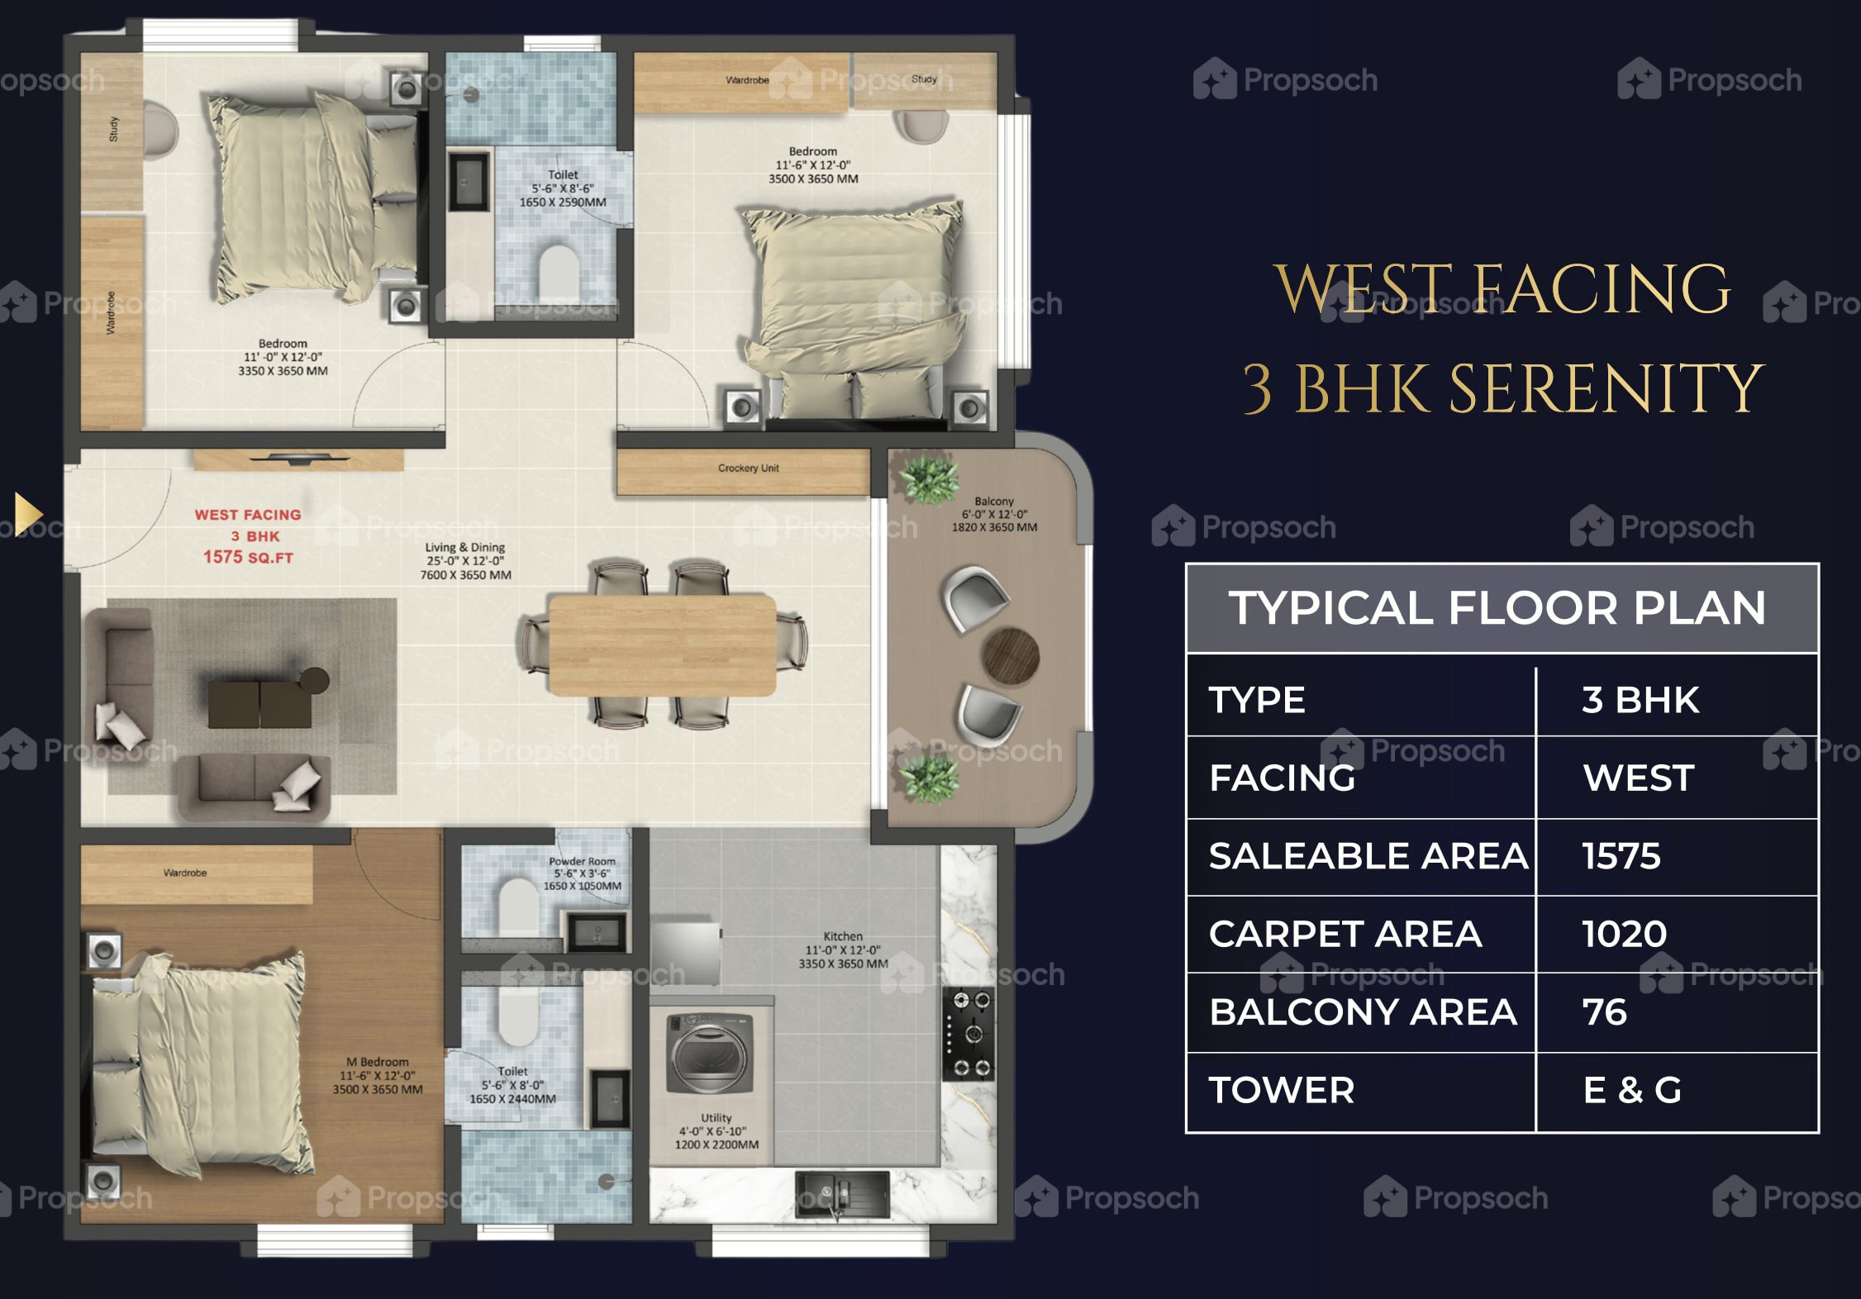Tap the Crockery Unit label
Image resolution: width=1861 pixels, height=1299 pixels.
point(748,468)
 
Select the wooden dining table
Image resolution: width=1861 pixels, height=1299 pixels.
point(662,645)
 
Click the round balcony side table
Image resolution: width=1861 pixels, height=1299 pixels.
point(1010,656)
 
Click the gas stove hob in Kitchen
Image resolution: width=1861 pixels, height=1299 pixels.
point(969,1035)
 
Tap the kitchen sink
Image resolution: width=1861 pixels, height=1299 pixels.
point(842,1195)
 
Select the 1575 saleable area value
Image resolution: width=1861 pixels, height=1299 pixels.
point(1621,856)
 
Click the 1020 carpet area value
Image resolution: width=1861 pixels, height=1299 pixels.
point(1624,934)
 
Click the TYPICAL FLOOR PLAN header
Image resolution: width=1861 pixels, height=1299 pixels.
point(1497,608)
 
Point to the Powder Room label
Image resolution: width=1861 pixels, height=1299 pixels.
point(582,861)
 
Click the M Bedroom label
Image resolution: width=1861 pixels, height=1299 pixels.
point(377,1062)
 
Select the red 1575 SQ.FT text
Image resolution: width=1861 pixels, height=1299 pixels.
point(248,557)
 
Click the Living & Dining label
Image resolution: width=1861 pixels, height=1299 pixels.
point(464,547)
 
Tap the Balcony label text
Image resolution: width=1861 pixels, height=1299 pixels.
point(993,501)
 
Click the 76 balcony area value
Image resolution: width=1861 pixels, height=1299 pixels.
point(1604,1012)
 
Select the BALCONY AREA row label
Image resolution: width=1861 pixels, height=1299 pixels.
point(1363,1012)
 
